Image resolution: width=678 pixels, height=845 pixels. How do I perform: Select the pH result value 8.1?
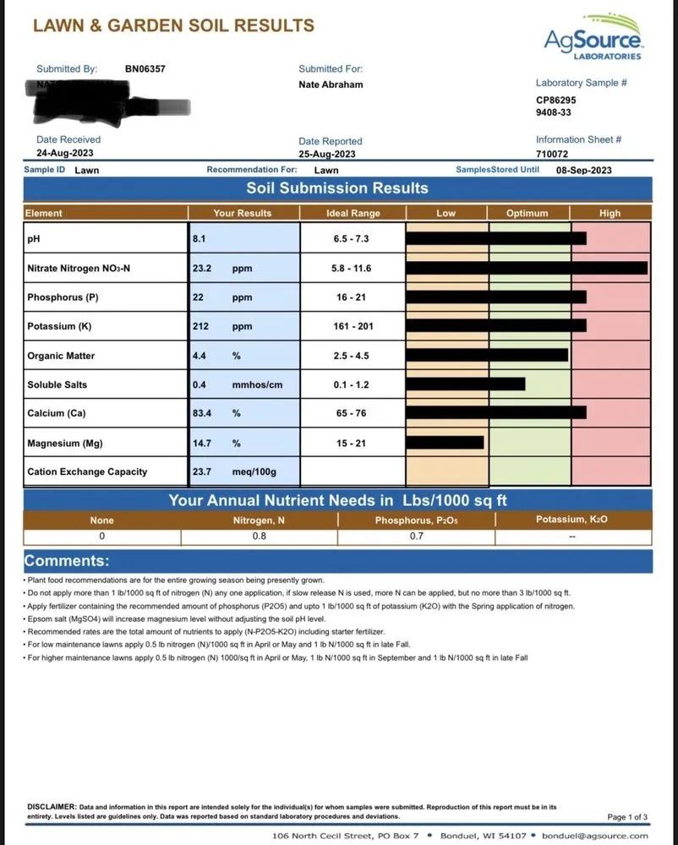[x=200, y=239]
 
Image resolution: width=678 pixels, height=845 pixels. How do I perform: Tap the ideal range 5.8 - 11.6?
[x=352, y=269]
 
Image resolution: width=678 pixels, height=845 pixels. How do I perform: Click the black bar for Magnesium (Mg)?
[x=445, y=442]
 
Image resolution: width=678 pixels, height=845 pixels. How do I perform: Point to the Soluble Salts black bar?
[x=466, y=384]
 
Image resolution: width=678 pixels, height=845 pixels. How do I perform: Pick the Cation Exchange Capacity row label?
[x=87, y=472]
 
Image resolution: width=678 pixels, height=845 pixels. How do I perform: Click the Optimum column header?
[x=527, y=214]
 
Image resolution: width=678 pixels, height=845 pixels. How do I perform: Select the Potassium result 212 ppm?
[x=221, y=326]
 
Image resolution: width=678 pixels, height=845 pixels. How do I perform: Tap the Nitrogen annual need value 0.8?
[x=260, y=536]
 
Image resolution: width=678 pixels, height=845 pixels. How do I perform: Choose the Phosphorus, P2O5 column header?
[x=416, y=521]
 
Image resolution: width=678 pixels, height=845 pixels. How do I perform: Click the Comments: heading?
[x=66, y=561]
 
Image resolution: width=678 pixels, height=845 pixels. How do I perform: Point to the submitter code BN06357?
[x=145, y=69]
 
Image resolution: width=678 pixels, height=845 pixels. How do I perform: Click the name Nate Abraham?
[x=331, y=84]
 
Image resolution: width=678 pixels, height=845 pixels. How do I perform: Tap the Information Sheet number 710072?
[x=552, y=154]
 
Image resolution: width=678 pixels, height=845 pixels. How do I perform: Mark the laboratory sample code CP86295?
[x=556, y=100]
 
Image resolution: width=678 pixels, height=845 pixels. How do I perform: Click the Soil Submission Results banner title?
[x=336, y=188]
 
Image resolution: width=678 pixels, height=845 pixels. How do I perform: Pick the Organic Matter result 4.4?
[x=200, y=356]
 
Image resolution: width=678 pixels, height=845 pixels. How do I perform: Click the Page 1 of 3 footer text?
[x=627, y=817]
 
